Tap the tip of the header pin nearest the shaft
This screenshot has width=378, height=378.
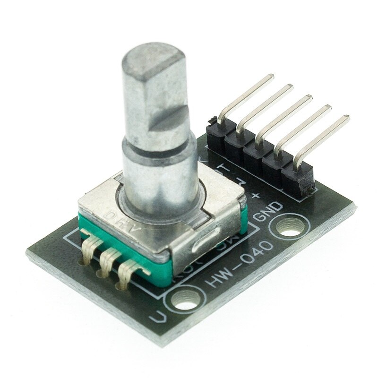click(271, 77)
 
